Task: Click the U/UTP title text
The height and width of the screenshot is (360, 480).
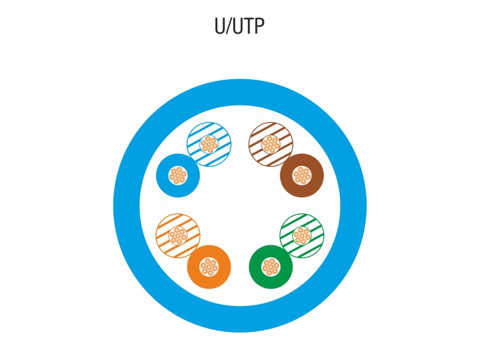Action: (x=239, y=26)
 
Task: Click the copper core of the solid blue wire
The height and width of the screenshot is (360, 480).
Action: (x=178, y=176)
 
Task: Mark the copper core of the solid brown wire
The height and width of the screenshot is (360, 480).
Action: (x=302, y=176)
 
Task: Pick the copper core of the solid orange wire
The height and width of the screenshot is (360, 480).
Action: (x=209, y=267)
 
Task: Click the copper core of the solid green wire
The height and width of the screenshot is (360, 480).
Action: (x=271, y=267)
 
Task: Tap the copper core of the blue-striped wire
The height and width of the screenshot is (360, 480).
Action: (x=209, y=145)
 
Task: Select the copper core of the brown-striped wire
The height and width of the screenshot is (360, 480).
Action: (x=271, y=145)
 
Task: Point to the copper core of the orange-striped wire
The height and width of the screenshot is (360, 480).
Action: (x=178, y=236)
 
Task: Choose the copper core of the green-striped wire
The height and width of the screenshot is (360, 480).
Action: (x=302, y=236)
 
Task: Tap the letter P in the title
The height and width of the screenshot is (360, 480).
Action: (x=259, y=26)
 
